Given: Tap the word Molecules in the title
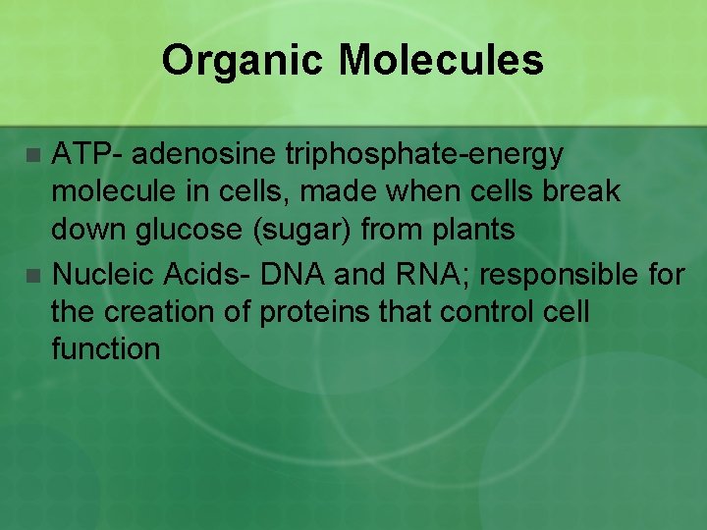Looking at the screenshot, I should pos(440,61).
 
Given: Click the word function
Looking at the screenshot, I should pos(106,348).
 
